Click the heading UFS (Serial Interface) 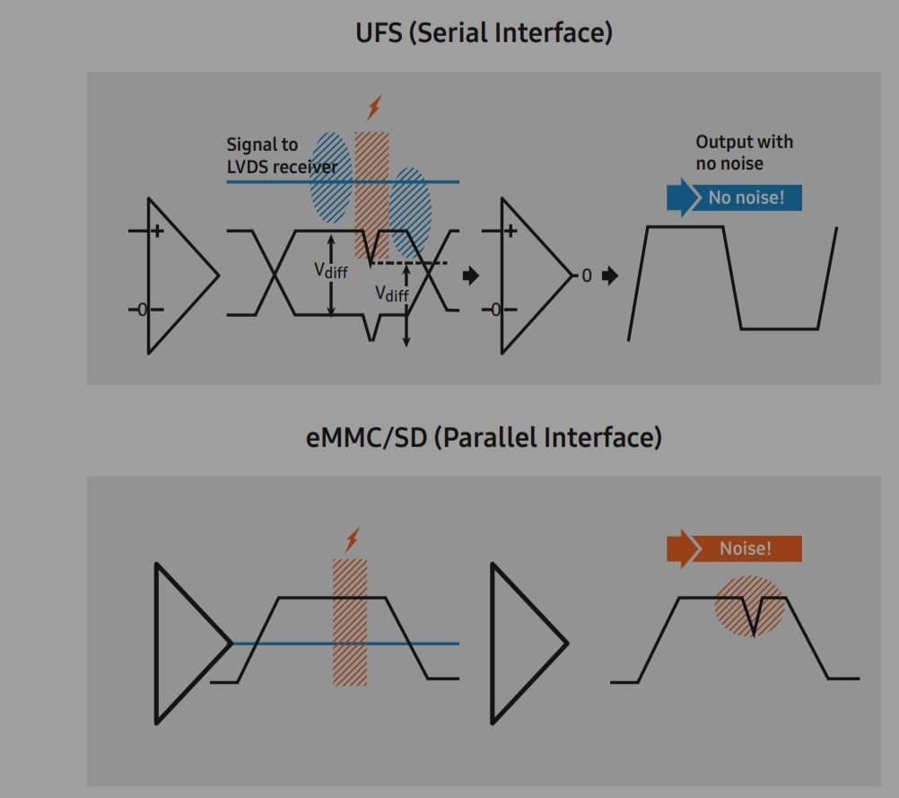[484, 33]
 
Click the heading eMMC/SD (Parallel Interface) [484, 437]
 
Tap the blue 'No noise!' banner [735, 197]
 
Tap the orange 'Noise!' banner [735, 548]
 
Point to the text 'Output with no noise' [744, 153]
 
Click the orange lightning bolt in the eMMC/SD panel [352, 539]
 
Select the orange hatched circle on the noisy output [749, 606]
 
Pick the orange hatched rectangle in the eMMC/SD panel [350, 622]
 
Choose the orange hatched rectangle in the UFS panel [371, 193]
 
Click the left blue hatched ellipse [330, 178]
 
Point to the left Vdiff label [330, 269]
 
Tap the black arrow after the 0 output [610, 276]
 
